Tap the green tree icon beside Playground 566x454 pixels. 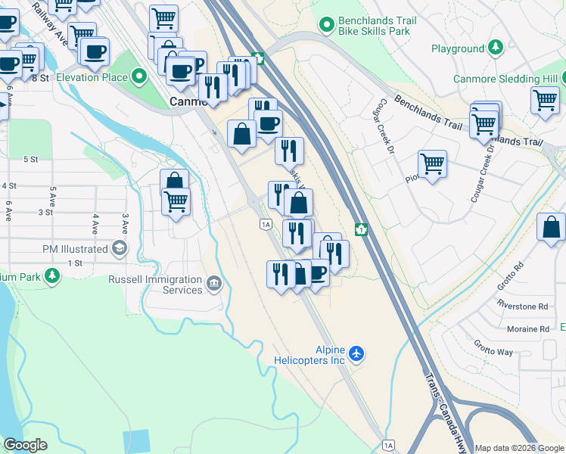[x=496, y=48]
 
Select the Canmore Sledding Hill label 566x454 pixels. [x=505, y=79]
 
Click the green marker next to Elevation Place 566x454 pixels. [x=139, y=76]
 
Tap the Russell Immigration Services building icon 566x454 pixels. [x=214, y=285]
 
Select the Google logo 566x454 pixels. [x=25, y=445]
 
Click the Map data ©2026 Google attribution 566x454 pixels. [x=520, y=448]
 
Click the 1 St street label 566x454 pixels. [x=75, y=263]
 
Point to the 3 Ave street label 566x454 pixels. [x=126, y=224]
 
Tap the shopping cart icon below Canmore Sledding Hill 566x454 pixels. [x=544, y=100]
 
